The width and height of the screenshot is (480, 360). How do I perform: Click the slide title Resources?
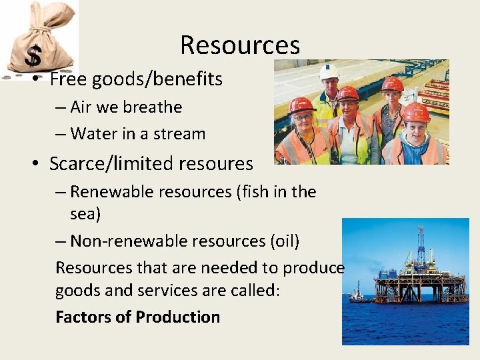[240, 45]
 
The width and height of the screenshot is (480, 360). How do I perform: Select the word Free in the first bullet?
[69, 79]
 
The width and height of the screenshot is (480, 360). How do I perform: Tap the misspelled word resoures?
[217, 163]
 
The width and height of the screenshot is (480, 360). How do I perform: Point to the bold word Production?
[179, 317]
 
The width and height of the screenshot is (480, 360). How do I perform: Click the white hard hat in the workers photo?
[329, 71]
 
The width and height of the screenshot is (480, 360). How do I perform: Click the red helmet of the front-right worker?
[416, 111]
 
